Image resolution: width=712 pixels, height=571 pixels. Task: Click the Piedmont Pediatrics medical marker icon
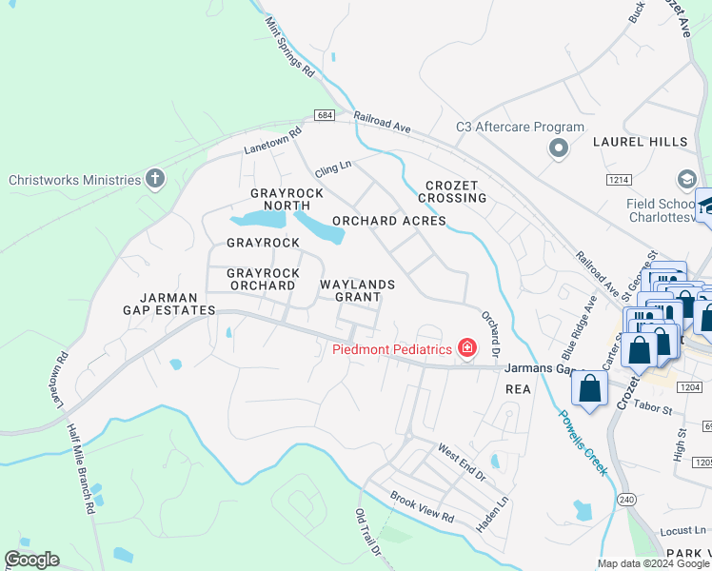click(466, 348)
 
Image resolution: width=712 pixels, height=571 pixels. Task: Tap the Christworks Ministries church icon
click(155, 179)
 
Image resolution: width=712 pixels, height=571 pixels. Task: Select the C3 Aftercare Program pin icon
click(558, 148)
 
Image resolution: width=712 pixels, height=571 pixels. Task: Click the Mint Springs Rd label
click(291, 45)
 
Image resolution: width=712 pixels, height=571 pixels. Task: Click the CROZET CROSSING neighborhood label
click(456, 191)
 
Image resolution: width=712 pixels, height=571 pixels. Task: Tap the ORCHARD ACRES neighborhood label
click(388, 221)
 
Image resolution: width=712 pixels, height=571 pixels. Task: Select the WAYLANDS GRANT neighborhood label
click(357, 290)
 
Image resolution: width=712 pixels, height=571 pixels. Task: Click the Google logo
click(31, 560)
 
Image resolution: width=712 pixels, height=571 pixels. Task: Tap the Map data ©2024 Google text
click(651, 562)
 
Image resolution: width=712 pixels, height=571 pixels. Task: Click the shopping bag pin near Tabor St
click(590, 389)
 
